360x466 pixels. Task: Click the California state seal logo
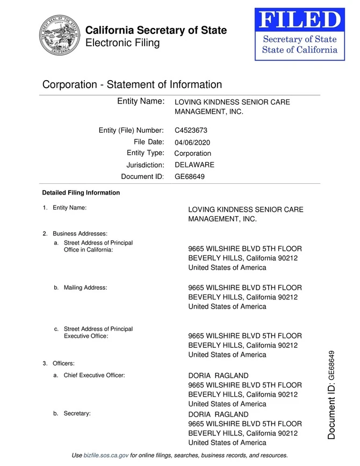59,35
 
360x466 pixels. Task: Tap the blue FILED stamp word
299,20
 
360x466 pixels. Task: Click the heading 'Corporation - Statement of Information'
132,84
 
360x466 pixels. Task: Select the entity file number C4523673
191,130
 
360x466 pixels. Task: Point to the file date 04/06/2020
192,142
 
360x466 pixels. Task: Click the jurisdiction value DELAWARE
195,164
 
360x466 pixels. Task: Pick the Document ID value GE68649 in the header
190,176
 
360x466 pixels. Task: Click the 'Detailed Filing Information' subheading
81,192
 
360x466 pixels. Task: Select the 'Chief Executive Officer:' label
94,375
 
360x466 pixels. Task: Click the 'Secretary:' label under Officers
77,413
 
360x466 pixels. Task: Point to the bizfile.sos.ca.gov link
106,455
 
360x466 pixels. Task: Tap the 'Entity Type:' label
145,153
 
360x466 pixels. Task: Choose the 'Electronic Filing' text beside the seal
123,43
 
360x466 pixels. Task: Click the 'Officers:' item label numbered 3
63,363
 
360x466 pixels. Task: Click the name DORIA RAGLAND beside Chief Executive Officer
218,375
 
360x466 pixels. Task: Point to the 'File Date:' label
148,142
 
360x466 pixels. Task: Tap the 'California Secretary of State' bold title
156,30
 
